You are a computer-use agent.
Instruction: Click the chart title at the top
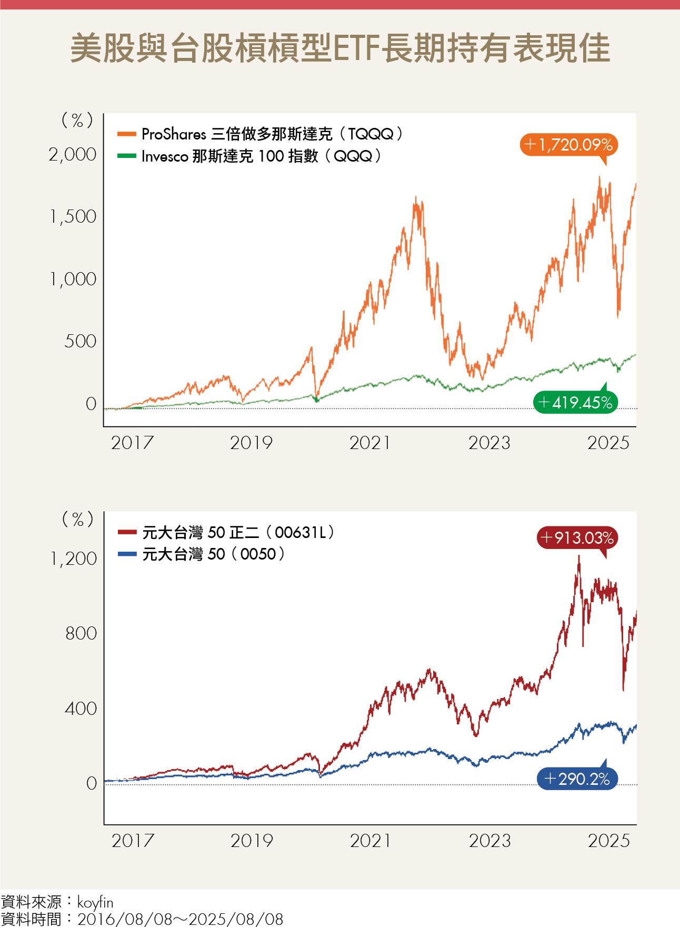pyautogui.click(x=340, y=48)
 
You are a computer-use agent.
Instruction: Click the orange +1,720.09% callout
pyautogui.click(x=568, y=145)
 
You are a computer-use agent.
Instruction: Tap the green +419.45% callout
pyautogui.click(x=575, y=403)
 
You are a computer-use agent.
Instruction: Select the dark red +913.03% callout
pyautogui.click(x=577, y=537)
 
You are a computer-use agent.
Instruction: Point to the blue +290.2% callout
pyautogui.click(x=577, y=779)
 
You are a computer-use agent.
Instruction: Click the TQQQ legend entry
pyautogui.click(x=260, y=134)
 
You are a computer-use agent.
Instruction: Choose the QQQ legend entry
pyautogui.click(x=249, y=156)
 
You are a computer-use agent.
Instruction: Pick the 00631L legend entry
pyautogui.click(x=226, y=532)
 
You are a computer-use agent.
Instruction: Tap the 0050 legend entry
pyautogui.click(x=202, y=554)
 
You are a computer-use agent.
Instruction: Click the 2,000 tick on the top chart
pyautogui.click(x=73, y=154)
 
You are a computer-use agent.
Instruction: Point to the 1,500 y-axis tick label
pyautogui.click(x=73, y=216)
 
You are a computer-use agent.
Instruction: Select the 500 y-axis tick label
pyautogui.click(x=80, y=341)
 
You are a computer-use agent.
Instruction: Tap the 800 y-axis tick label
pyautogui.click(x=81, y=633)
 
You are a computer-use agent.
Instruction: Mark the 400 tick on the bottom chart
pyautogui.click(x=81, y=709)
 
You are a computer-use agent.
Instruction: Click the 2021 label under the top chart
pyautogui.click(x=370, y=443)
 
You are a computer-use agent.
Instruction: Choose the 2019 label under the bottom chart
pyautogui.click(x=252, y=841)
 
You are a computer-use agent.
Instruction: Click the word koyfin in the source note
pyautogui.click(x=95, y=902)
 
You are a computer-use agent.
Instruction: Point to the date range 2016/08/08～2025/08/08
pyautogui.click(x=180, y=919)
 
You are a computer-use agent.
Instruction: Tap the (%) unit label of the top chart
pyautogui.click(x=77, y=121)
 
